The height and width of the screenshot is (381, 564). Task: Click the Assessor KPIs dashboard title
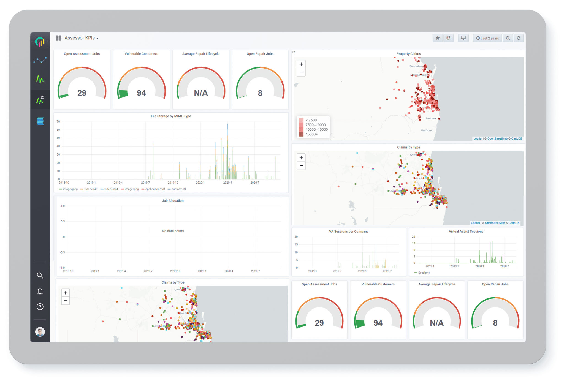(x=80, y=38)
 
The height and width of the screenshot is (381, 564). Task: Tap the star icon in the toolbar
(x=437, y=38)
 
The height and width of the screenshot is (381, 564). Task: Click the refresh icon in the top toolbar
(x=519, y=38)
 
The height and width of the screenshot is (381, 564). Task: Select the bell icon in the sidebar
(x=40, y=291)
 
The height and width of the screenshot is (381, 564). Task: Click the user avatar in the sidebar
(x=40, y=332)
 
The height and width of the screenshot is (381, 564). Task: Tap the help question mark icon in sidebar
(x=40, y=307)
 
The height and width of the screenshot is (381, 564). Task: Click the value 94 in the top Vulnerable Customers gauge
(x=141, y=93)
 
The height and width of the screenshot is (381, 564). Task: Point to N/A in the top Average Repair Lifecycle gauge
(x=201, y=93)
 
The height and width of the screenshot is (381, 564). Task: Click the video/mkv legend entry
(x=91, y=189)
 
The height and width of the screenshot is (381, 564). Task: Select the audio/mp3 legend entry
(x=178, y=189)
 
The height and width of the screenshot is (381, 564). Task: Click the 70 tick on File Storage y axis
(x=58, y=121)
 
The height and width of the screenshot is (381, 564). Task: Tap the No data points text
(x=173, y=231)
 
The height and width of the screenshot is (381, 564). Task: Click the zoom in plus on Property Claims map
(x=301, y=64)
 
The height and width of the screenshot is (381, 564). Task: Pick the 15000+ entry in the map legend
(x=311, y=134)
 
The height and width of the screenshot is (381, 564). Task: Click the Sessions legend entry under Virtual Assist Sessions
(x=424, y=273)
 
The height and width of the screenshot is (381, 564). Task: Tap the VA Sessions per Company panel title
(x=349, y=232)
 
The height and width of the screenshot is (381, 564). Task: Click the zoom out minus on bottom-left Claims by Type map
(x=66, y=301)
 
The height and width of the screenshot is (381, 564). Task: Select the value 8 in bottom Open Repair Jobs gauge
(x=495, y=323)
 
